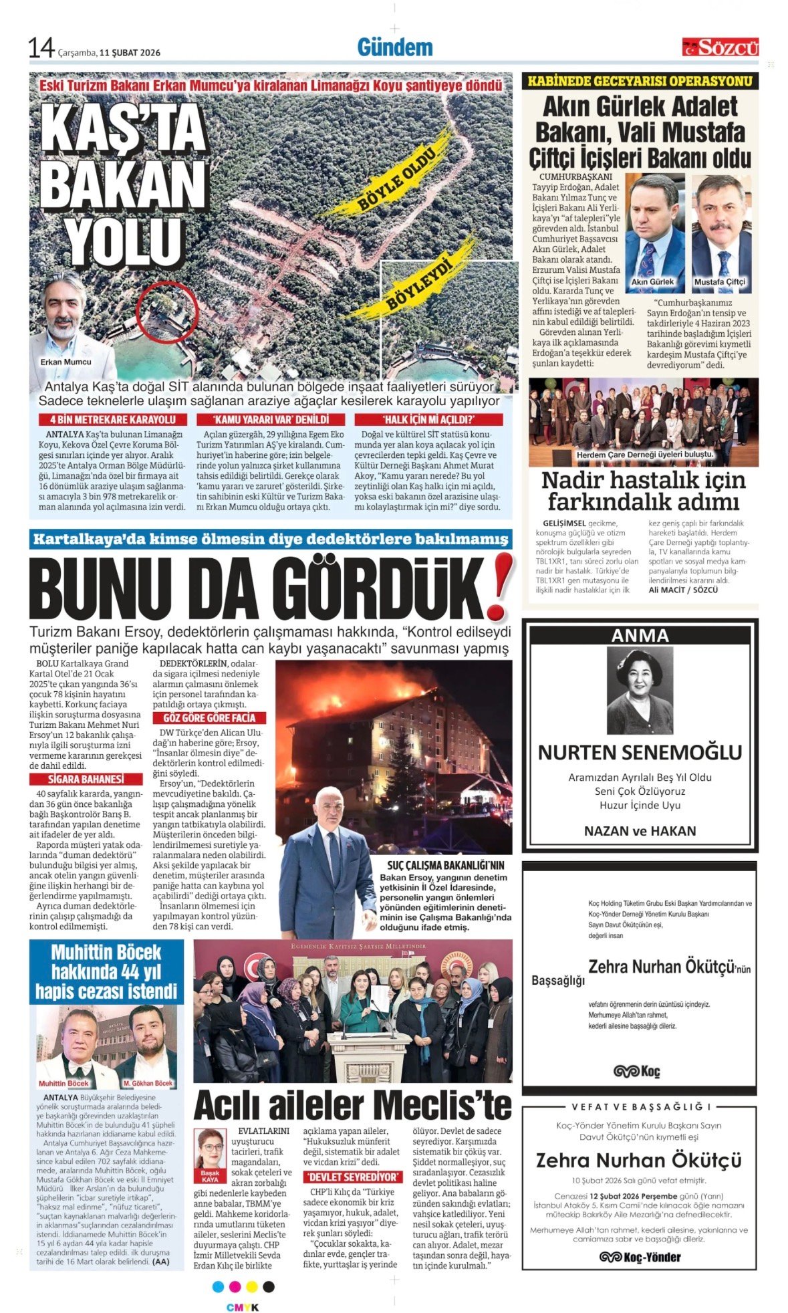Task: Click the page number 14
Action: [x=41, y=48]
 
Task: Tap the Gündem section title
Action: [x=394, y=47]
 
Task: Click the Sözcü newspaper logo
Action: [x=720, y=47]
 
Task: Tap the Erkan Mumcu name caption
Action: [x=65, y=362]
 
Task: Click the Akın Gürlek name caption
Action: [x=652, y=282]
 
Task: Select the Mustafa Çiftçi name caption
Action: [x=719, y=282]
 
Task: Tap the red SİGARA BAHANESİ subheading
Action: [x=86, y=779]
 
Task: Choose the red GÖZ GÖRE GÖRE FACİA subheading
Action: [x=209, y=718]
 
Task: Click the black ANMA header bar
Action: [x=640, y=635]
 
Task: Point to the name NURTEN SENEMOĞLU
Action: [x=640, y=752]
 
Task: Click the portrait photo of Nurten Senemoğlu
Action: [x=640, y=691]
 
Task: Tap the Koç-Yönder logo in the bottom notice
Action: [x=640, y=1257]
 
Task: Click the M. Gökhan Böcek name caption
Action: [x=148, y=1083]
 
